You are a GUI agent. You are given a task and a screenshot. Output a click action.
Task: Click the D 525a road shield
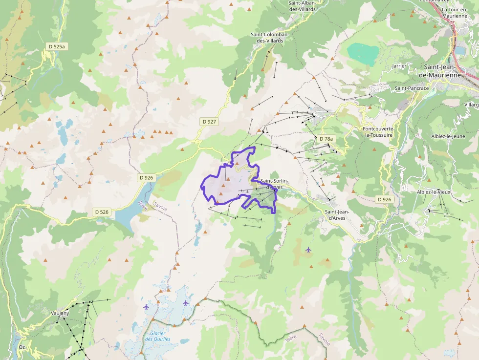click(57, 46)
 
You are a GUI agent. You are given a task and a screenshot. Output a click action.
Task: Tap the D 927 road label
click(209, 121)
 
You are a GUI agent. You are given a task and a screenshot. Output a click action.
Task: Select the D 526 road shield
click(101, 212)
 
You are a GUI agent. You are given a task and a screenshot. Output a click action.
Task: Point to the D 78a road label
click(326, 139)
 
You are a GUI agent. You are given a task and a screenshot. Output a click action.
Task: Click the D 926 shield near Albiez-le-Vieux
click(384, 199)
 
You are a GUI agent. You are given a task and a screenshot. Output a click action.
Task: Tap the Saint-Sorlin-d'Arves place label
click(274, 184)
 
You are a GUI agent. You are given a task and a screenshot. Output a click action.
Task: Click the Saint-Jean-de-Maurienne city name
click(447, 71)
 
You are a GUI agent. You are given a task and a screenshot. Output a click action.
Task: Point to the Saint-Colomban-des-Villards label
click(270, 38)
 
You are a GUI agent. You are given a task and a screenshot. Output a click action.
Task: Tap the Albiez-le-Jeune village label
click(448, 136)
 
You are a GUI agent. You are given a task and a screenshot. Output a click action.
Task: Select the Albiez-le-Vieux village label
click(433, 192)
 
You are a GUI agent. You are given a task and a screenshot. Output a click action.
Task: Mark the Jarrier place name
click(399, 65)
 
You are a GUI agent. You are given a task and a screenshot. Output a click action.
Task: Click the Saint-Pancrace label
click(412, 88)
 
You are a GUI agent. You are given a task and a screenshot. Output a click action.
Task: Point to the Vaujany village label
click(60, 313)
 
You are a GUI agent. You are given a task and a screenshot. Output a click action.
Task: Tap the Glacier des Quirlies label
click(157, 336)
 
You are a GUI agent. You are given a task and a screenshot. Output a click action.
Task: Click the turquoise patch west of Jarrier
click(363, 53)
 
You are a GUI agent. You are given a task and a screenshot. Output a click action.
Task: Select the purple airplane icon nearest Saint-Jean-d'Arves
click(308, 250)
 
